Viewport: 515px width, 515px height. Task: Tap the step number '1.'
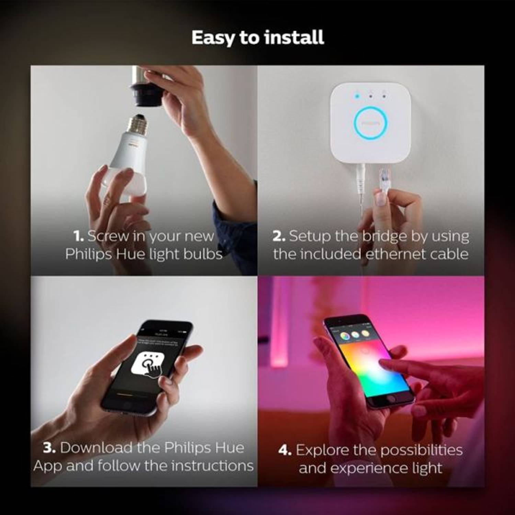pos(78,236)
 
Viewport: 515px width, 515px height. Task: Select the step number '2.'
pos(278,236)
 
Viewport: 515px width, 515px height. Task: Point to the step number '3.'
pos(49,448)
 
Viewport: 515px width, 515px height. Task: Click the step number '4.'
pos(285,450)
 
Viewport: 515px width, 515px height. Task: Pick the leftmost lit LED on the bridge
pos(357,96)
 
